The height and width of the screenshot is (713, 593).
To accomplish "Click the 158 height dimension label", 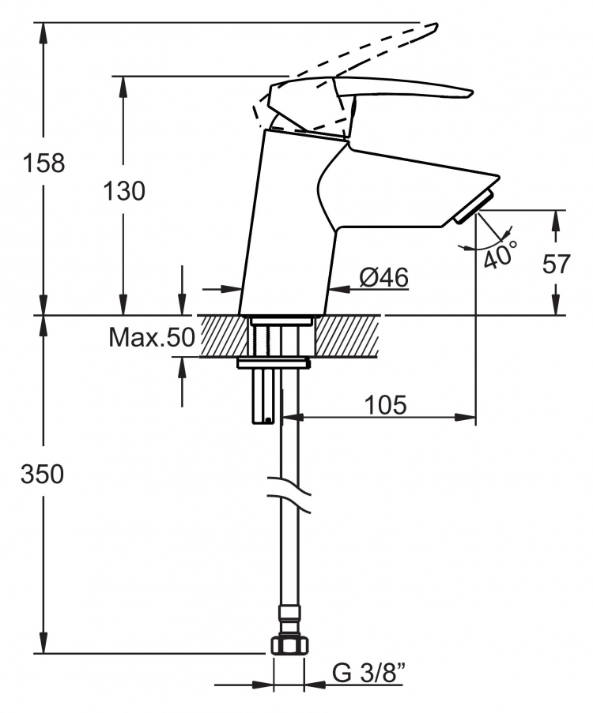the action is pyautogui.click(x=43, y=163).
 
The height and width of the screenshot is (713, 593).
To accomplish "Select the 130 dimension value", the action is pyautogui.click(x=124, y=191).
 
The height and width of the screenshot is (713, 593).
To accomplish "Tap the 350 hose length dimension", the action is pyautogui.click(x=43, y=475).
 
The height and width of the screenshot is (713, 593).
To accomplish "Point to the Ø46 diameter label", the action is pyautogui.click(x=383, y=277).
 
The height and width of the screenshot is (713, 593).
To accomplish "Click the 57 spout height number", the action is pyautogui.click(x=556, y=264).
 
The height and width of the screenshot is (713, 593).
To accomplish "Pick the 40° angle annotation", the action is pyautogui.click(x=500, y=254).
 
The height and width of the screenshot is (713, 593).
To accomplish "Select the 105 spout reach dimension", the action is pyautogui.click(x=385, y=405).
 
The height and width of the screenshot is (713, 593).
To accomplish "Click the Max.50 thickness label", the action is pyautogui.click(x=152, y=337).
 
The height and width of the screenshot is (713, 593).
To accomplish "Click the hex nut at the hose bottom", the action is pyautogui.click(x=289, y=646).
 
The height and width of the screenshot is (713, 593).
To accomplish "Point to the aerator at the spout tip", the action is pyautogui.click(x=474, y=207).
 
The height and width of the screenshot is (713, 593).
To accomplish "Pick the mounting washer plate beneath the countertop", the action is pyautogui.click(x=274, y=363).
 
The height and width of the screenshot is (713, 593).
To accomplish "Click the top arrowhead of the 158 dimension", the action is pyautogui.click(x=43, y=32).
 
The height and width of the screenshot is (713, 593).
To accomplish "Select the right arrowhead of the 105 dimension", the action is pyautogui.click(x=465, y=417).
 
